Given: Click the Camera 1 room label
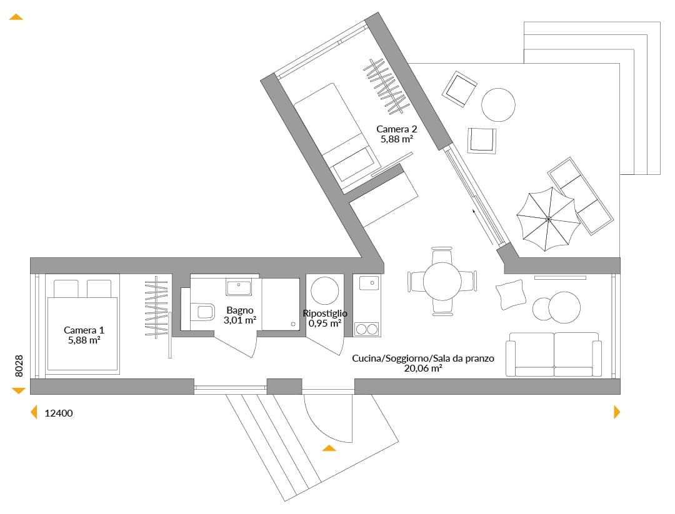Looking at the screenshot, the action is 84,330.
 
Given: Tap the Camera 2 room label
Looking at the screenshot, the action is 396,129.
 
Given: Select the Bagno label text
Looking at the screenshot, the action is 240,310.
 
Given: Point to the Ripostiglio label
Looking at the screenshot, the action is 325,313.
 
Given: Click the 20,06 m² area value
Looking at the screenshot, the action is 423,368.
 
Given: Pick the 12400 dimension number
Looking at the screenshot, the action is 59,413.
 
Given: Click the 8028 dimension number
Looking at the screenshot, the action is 19,366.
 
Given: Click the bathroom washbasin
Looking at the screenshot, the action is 239,287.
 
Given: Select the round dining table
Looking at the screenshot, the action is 442,281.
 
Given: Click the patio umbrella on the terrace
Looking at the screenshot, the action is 548,219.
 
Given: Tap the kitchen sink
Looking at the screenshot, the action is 369,283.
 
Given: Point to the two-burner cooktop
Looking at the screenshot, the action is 367,330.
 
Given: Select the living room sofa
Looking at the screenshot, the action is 554,354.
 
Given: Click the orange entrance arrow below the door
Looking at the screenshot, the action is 329,448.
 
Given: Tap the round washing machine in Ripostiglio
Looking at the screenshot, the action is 325,291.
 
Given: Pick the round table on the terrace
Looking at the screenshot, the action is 498,105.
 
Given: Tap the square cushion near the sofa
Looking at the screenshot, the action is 511,295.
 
